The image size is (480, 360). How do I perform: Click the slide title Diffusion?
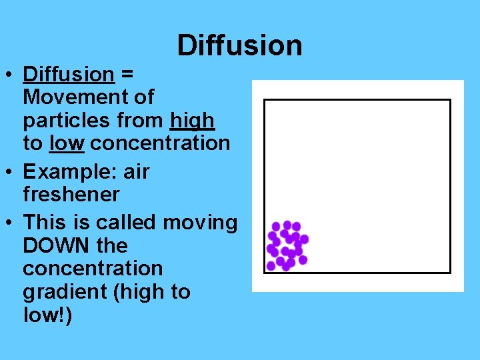click(239, 45)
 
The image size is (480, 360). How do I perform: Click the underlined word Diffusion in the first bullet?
click(68, 74)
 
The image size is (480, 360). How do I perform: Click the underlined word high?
click(192, 121)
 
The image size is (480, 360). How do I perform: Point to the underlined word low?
click(67, 143)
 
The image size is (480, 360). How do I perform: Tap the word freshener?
click(71, 195)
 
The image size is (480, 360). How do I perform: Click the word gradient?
click(62, 292)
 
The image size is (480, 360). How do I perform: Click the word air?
click(137, 172)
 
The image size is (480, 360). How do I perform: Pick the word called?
click(119, 222)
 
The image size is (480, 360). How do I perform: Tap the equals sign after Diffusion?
click(126, 74)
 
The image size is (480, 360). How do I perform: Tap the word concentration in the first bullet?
click(160, 143)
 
